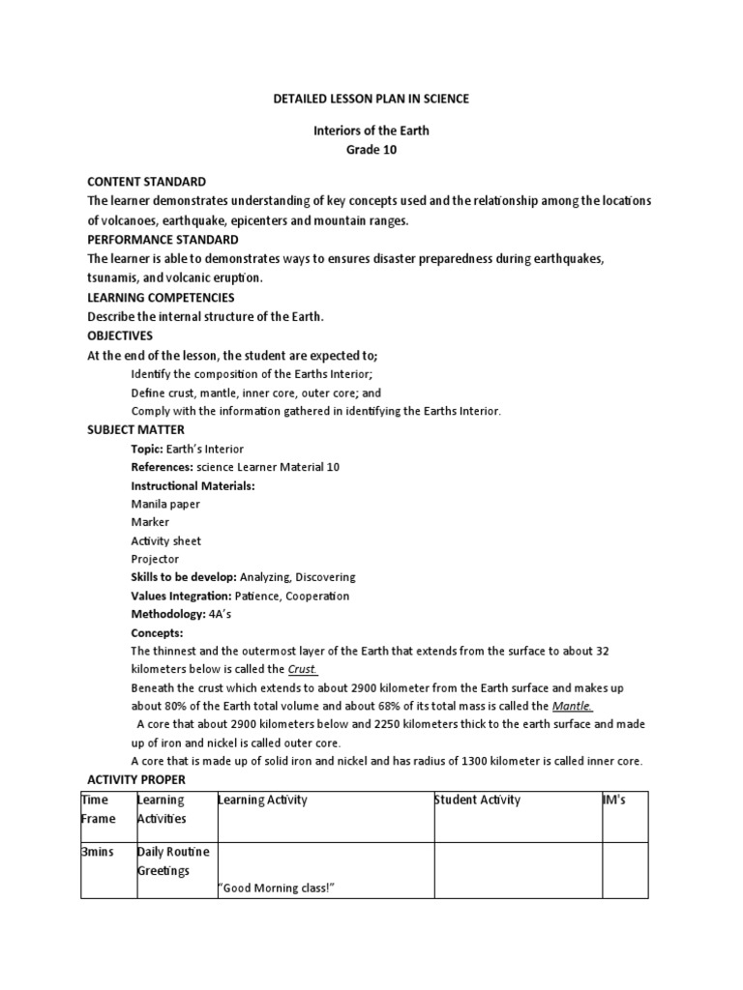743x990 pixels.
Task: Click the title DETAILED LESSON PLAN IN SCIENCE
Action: click(x=372, y=99)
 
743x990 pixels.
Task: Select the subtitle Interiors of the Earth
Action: click(x=371, y=131)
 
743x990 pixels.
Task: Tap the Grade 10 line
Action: click(x=371, y=150)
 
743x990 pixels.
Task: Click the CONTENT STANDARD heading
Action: click(x=146, y=182)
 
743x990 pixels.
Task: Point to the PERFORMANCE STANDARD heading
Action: click(x=163, y=239)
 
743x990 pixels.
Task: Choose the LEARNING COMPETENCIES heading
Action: click(x=161, y=297)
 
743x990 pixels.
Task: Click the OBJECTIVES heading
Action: click(x=120, y=335)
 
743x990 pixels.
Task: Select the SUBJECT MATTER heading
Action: click(x=135, y=429)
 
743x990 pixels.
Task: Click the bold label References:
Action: click(x=162, y=467)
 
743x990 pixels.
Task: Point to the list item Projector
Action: click(x=155, y=559)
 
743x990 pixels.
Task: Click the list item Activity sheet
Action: click(x=165, y=540)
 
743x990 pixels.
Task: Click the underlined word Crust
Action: click(x=303, y=669)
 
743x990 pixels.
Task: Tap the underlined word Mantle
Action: click(x=572, y=706)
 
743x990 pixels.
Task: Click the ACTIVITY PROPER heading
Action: click(x=136, y=779)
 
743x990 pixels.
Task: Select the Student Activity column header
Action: click(x=477, y=800)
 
